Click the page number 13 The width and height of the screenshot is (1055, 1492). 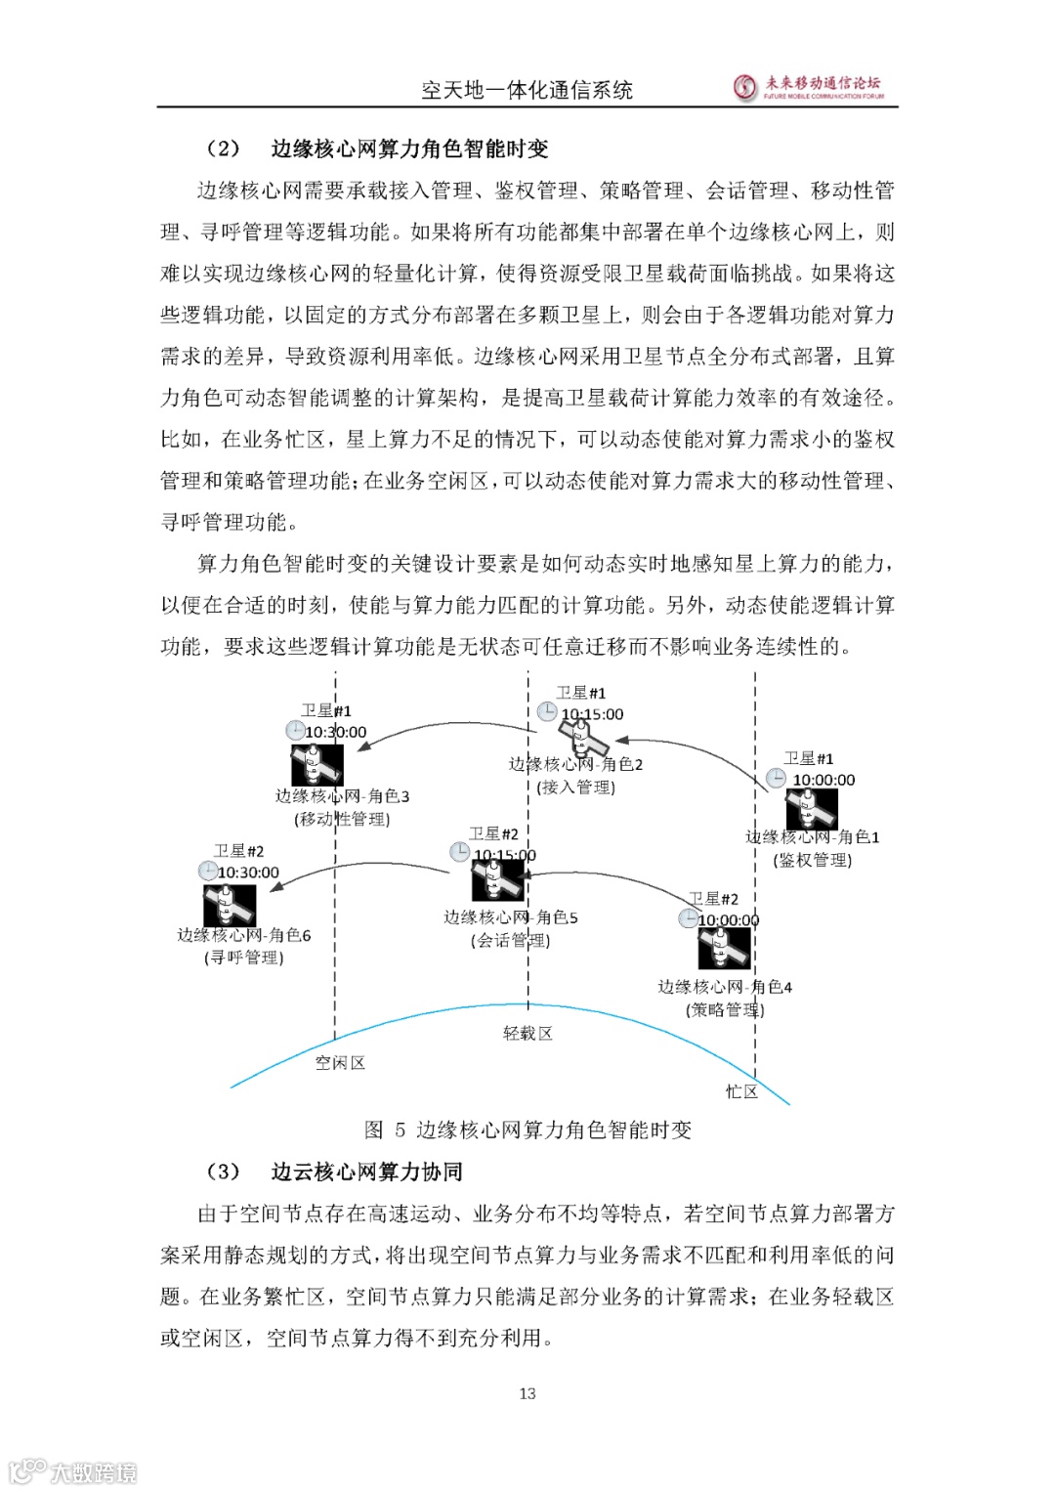click(x=527, y=1393)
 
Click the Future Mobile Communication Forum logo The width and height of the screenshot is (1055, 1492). click(x=808, y=87)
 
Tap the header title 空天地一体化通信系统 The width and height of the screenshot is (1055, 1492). click(x=527, y=91)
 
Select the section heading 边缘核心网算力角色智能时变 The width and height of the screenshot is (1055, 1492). click(x=409, y=149)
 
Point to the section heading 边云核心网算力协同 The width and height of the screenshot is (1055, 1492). click(x=366, y=1172)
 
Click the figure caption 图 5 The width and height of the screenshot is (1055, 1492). click(x=527, y=1130)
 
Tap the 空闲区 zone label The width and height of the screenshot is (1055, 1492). click(x=340, y=1063)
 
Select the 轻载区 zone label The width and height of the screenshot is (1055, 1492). click(x=527, y=1034)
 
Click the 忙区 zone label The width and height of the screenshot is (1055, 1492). click(x=741, y=1091)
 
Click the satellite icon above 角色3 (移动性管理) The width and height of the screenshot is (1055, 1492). click(x=316, y=764)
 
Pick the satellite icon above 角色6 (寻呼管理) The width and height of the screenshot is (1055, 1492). click(x=230, y=905)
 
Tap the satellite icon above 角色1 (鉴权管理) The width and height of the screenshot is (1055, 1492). click(x=812, y=809)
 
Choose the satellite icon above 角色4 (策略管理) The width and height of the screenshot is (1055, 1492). click(x=724, y=949)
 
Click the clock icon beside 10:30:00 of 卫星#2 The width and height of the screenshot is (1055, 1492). click(x=208, y=871)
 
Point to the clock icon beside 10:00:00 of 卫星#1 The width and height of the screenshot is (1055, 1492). click(x=776, y=778)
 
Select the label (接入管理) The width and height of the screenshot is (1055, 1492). click(x=576, y=788)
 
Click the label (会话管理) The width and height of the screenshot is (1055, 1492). click(x=511, y=941)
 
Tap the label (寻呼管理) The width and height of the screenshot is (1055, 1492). click(x=244, y=958)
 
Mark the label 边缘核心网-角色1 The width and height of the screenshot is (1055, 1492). click(x=813, y=837)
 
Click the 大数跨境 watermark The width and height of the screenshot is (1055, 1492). click(x=73, y=1471)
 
